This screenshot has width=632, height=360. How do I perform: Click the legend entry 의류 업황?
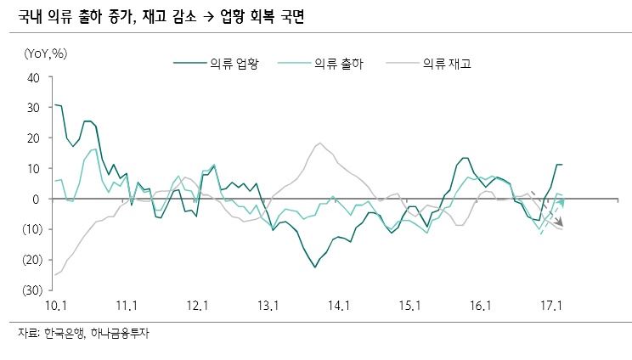(234, 63)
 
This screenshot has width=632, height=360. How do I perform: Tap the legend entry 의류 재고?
(446, 63)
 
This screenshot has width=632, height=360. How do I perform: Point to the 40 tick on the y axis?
(35, 77)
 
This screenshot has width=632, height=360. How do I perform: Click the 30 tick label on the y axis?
(35, 108)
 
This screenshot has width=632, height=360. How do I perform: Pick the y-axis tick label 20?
(35, 138)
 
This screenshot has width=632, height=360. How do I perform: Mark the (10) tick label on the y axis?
(31, 229)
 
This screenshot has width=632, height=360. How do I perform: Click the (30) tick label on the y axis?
(31, 290)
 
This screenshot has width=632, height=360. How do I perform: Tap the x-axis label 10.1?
(55, 305)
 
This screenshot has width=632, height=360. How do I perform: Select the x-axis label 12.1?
(196, 305)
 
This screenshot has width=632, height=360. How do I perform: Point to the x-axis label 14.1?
(338, 305)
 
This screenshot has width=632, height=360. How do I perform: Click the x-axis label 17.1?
(550, 305)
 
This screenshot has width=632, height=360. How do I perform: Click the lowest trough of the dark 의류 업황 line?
(315, 267)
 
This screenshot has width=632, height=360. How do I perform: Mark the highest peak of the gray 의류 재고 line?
(319, 143)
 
